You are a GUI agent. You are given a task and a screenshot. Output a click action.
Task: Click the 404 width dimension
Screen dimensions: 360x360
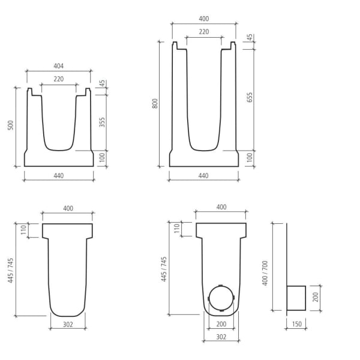click(58, 66)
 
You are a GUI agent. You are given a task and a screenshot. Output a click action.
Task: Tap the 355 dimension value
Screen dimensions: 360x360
click(102, 122)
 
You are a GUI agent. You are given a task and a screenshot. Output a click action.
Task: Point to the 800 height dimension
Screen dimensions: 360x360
click(155, 103)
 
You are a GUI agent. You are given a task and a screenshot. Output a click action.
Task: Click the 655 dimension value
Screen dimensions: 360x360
click(249, 98)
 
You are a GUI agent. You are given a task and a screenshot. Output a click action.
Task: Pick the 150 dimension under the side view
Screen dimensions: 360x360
click(296, 325)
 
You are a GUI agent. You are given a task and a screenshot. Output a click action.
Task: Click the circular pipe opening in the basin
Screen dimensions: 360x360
click(221, 298)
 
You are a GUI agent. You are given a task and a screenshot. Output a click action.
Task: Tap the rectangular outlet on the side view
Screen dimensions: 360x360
click(296, 298)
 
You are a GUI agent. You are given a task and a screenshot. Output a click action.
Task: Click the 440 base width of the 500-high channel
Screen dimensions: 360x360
click(58, 176)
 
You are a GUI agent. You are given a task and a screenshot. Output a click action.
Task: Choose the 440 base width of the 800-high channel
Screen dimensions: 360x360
click(203, 176)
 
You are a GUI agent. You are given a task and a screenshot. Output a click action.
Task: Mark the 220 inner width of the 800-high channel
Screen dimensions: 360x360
click(204, 32)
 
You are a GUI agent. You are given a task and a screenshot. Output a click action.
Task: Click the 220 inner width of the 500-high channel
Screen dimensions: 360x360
click(58, 79)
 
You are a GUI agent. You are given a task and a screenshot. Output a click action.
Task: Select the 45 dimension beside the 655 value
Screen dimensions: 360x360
click(249, 38)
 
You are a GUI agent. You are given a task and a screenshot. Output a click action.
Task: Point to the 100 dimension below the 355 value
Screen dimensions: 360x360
click(102, 158)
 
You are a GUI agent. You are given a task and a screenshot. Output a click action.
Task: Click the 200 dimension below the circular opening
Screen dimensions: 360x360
click(220, 325)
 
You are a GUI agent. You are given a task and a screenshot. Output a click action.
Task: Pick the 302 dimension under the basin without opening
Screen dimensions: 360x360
click(67, 325)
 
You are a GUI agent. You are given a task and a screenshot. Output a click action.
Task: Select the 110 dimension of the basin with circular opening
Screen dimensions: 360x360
click(176, 229)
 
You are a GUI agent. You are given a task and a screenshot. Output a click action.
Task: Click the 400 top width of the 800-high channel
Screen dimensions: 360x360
click(204, 19)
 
